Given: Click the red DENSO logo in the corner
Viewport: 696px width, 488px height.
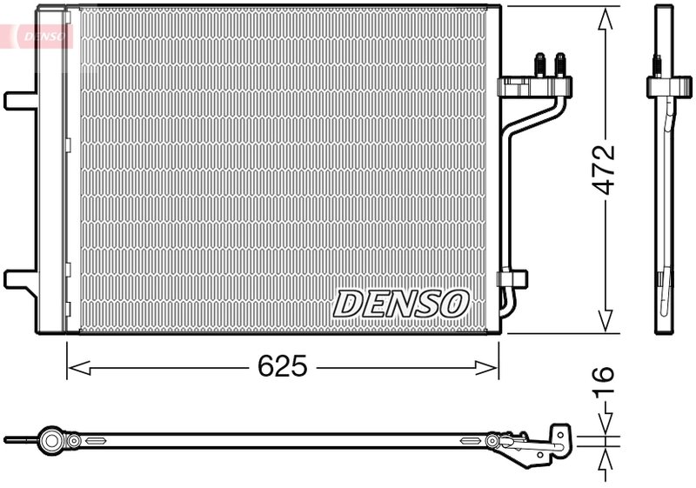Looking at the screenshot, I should click(x=37, y=35).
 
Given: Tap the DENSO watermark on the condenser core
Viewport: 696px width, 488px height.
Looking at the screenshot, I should click(x=401, y=304).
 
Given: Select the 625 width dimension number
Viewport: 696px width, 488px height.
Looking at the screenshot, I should click(x=282, y=367).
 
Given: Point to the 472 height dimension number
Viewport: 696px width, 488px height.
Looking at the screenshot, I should click(x=604, y=170).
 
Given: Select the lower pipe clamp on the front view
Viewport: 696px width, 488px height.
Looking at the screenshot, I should click(x=512, y=279).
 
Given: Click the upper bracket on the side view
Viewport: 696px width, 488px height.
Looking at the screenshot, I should click(x=664, y=86).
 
